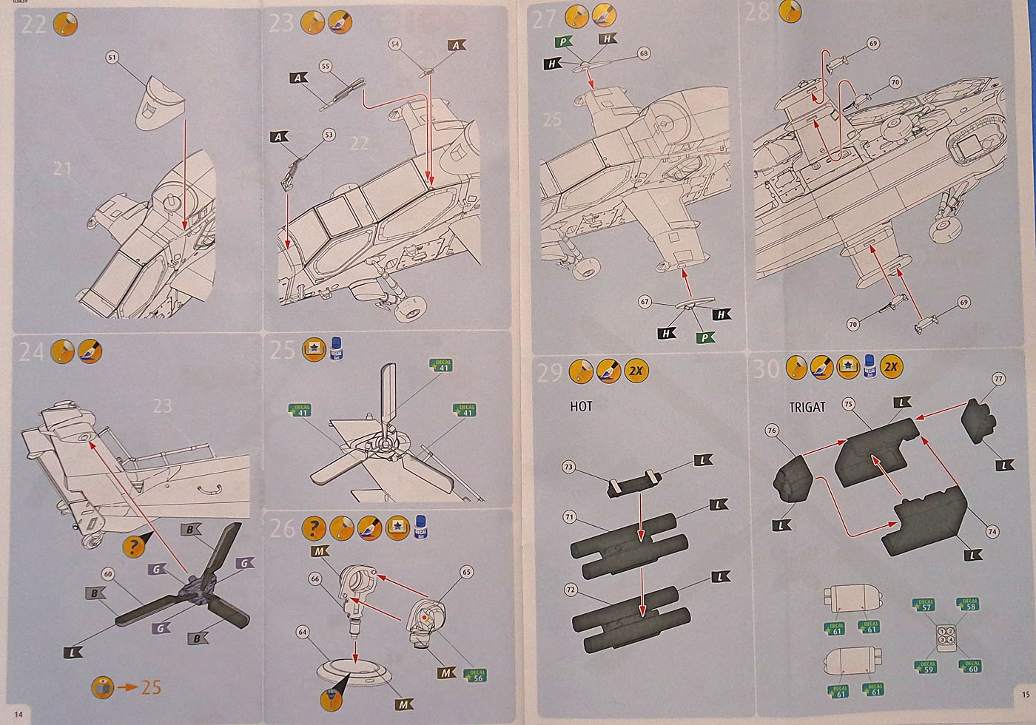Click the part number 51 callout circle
pos(112,57)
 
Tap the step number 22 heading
pos(33,24)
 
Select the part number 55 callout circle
pos(325,67)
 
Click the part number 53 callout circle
pos(329,135)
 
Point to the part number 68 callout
pos(643,53)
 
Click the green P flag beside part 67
pos(705,337)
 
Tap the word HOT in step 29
pos(581,406)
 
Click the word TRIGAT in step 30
pos(807,407)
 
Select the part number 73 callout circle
pos(568,467)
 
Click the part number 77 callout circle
pos(998,380)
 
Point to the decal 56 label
pos(477,675)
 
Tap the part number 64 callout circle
pos(302,632)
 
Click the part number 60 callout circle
pos(108,574)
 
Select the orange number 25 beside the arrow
pos(151,687)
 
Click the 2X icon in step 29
pos(635,371)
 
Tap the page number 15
pos(1024,694)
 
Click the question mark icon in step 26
pos(314,527)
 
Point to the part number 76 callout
pos(772,431)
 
